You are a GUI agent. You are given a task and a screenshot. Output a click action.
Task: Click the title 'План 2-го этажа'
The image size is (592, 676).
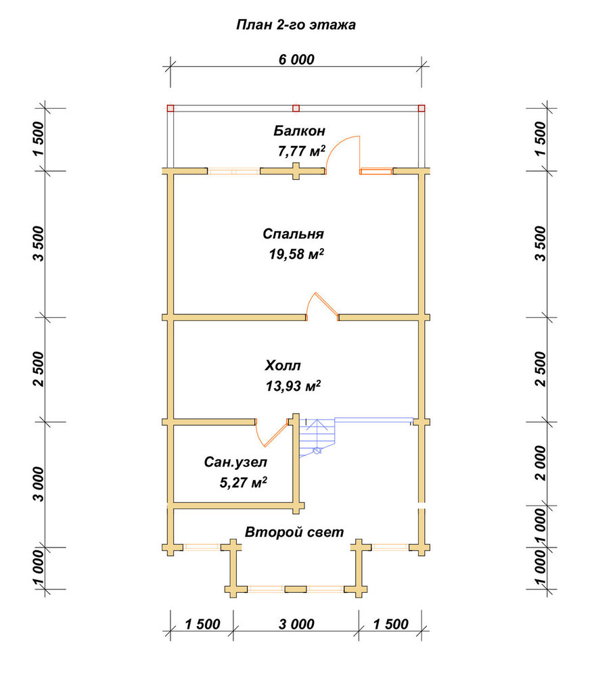point(296,25)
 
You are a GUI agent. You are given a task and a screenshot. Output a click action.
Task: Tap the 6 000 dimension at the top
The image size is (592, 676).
point(296,59)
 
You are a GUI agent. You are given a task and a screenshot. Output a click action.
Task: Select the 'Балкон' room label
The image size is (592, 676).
point(300,130)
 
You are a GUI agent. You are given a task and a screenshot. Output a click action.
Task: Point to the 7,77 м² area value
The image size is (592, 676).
point(301,151)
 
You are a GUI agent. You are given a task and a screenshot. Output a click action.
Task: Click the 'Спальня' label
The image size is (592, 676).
point(294,234)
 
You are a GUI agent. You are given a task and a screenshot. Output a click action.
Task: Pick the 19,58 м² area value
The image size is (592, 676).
point(296,254)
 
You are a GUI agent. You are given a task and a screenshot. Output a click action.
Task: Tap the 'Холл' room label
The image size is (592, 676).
point(283,366)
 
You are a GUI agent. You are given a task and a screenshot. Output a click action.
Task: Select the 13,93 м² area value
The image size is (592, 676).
point(293,386)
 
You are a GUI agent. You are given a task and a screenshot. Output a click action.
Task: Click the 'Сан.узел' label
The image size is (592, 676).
point(235,462)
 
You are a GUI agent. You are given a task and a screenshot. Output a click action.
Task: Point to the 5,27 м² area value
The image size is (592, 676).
point(244,482)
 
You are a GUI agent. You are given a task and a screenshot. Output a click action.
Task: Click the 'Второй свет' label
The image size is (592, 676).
point(294,533)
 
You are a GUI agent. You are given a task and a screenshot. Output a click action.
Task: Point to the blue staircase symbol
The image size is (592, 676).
point(319,436)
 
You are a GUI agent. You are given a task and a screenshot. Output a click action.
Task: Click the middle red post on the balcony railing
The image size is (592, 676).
point(296,108)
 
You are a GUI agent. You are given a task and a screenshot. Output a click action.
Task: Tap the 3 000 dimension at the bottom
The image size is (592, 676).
point(296,624)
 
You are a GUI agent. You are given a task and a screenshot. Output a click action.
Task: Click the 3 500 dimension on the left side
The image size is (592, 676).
point(38,243)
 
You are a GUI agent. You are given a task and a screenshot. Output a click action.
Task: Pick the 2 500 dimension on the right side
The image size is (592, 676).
point(540,369)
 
